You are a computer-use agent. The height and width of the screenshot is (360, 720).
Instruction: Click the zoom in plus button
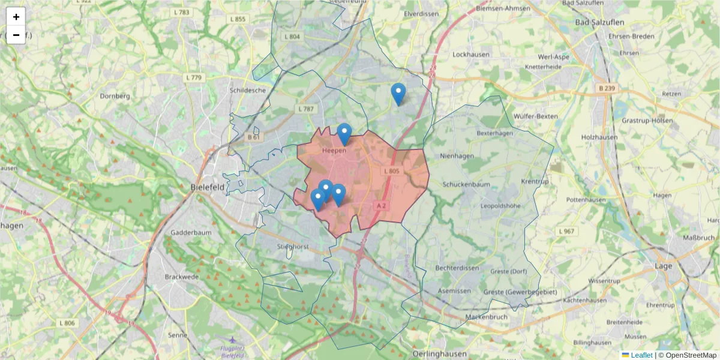pos(16,17)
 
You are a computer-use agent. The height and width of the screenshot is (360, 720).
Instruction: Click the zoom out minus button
pos(16,35)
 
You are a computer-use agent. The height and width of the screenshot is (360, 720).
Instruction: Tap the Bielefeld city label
pos(207,187)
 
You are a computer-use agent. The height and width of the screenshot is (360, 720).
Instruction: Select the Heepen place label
pos(334,151)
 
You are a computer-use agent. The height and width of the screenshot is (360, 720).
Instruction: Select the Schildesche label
pos(247,91)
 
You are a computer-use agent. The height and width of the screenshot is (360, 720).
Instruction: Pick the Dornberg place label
pos(115,95)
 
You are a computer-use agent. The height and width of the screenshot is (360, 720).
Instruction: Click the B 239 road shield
pos(607,88)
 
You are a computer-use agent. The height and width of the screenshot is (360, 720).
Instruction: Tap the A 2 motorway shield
pos(380,205)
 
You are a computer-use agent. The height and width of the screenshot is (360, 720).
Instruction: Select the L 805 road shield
pos(391,172)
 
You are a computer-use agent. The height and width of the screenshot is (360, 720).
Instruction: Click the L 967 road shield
pos(566,232)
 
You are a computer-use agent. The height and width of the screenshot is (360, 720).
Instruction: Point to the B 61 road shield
pos(253,137)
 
